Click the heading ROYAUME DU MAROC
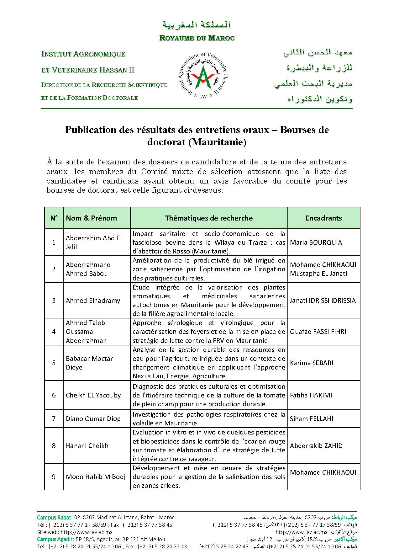pos(197,38)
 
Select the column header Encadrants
pos(323,218)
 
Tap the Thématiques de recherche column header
pos(209,218)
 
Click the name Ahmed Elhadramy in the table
pos(93,301)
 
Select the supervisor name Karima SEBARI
pos(312,363)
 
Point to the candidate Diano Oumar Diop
pos(93,419)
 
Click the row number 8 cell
pos(54,446)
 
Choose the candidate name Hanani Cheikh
pos(87,446)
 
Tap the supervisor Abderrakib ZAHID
pos(316,446)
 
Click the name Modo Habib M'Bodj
pos(96,477)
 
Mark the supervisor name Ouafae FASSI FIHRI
pos(318,332)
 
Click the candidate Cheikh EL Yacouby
pos(93,395)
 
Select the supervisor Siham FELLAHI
pos(312,419)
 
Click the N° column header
pos(54,218)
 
